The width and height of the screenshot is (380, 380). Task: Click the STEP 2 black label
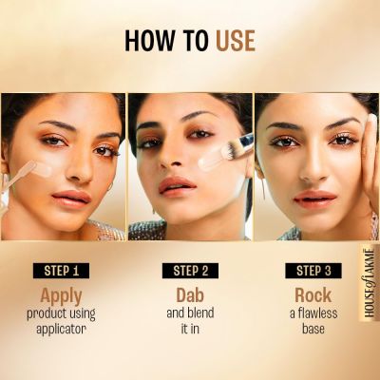191,270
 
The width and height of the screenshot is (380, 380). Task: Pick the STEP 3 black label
313,270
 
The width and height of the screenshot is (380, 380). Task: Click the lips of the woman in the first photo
70,197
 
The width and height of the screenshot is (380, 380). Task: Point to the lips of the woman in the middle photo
178,184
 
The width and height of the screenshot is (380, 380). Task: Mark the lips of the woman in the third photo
314,198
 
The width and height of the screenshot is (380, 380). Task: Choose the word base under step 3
313,328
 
